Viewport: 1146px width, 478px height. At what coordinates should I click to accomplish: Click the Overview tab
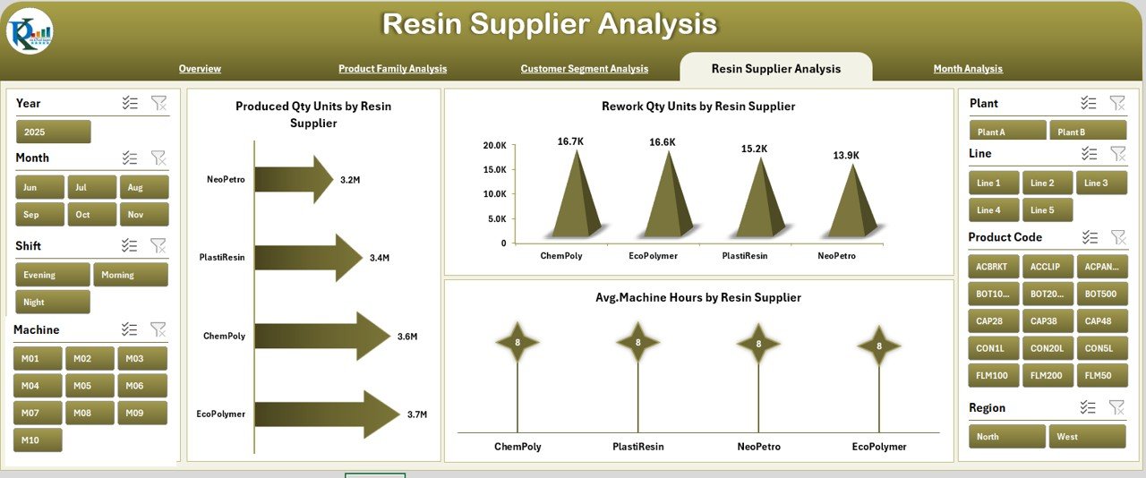coord(200,69)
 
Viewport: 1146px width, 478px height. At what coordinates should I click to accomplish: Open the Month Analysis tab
coord(968,69)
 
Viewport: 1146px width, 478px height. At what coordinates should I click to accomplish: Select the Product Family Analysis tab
coord(392,69)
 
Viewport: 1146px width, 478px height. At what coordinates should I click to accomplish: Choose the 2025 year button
coord(53,132)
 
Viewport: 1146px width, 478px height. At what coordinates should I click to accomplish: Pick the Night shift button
coord(53,302)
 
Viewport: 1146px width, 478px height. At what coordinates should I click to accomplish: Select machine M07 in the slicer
coord(38,413)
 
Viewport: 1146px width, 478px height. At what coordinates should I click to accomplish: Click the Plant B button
coord(1086,132)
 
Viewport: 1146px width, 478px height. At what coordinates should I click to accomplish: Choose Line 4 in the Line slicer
coord(994,210)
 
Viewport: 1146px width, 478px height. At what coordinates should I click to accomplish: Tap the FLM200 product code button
coord(1047,376)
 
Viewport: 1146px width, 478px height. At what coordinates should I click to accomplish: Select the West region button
coord(1087,437)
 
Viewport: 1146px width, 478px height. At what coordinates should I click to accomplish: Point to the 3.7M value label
coord(416,414)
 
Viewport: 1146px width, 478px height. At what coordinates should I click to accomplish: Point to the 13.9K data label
coord(845,156)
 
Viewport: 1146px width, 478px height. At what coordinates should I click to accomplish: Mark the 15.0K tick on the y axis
coord(494,170)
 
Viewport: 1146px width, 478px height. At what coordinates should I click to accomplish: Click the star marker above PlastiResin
coord(637,342)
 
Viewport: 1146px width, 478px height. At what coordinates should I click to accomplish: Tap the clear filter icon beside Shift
coord(158,245)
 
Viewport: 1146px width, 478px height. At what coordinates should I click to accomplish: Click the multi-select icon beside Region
coord(1088,407)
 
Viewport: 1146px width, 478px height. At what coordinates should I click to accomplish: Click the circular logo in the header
coord(30,31)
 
